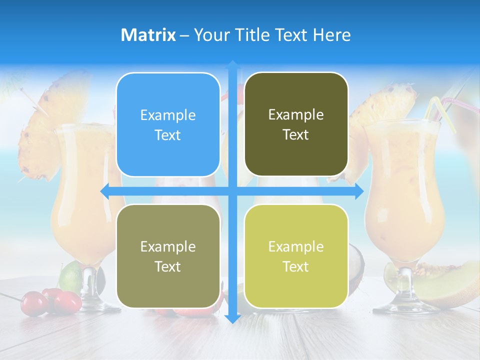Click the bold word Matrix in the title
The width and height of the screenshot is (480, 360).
[148, 35]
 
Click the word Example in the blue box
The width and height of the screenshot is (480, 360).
[168, 115]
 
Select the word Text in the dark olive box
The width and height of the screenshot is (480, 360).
[296, 135]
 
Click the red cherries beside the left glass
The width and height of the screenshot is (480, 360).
[55, 300]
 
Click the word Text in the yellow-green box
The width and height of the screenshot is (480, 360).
[296, 266]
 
